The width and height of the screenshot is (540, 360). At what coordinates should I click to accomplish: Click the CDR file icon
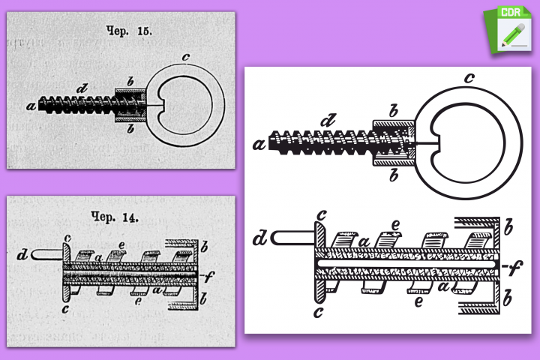point(508,30)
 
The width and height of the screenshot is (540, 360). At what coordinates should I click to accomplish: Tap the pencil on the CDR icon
point(514,34)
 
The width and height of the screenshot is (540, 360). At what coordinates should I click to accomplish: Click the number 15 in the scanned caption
point(145,31)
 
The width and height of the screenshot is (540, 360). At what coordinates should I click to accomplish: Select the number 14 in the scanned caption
point(130,217)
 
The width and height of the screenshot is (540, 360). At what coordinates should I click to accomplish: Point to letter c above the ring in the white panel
point(469,78)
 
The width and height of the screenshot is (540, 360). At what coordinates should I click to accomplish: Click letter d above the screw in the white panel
point(328,121)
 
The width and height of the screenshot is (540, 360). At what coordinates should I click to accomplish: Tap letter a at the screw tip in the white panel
point(259,144)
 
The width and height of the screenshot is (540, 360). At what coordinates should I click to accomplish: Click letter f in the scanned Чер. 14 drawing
point(209,276)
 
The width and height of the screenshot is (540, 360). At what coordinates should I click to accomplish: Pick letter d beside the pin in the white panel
point(260,238)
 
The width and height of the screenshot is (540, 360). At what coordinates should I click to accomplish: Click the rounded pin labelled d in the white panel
point(292,238)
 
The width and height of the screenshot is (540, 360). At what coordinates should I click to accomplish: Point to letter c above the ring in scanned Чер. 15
point(186,57)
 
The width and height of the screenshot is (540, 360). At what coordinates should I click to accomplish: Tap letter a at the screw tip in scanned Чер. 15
point(31,106)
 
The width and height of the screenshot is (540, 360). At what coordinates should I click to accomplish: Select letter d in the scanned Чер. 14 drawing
point(22,255)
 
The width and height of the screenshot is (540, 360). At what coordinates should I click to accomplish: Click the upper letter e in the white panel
point(396,225)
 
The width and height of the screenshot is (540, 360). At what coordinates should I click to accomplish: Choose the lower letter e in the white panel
point(418,301)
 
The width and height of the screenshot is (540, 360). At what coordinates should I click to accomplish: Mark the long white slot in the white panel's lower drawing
point(406,263)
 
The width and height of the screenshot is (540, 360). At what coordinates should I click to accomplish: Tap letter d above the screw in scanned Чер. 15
point(82,89)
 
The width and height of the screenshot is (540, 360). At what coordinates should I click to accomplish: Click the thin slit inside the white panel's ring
point(426,142)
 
